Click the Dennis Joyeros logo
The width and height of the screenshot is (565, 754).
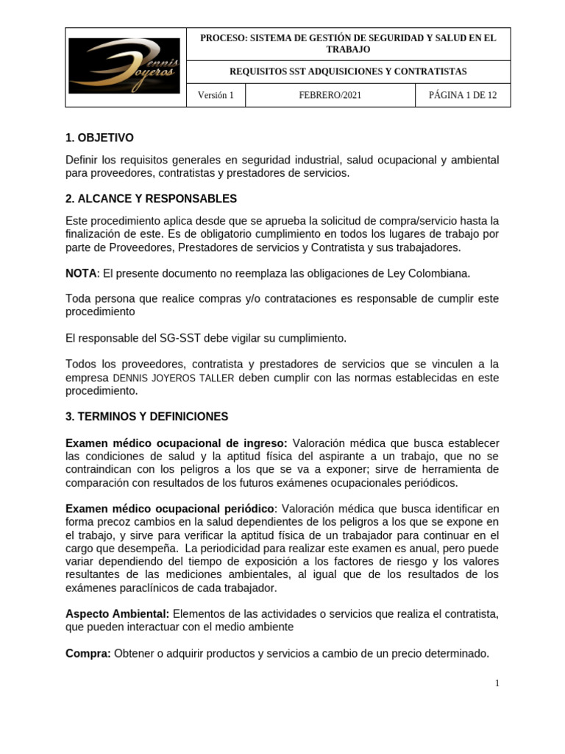tap(124, 66)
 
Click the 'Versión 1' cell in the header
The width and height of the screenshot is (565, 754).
tap(216, 95)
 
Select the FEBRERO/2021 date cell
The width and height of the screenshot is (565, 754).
tap(330, 95)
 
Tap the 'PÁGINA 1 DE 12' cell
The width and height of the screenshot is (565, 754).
tap(463, 95)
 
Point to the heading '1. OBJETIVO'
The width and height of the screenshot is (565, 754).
tap(99, 138)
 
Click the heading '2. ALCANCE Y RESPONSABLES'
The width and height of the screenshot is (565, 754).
tap(151, 199)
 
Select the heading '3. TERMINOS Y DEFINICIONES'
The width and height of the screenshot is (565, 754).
tap(147, 417)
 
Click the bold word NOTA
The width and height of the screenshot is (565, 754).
tap(81, 273)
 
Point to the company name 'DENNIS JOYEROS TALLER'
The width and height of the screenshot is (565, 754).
tap(174, 378)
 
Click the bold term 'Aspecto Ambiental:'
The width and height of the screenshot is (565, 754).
tap(118, 614)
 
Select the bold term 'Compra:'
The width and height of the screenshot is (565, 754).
tap(88, 653)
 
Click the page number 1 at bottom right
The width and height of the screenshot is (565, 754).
tap(497, 683)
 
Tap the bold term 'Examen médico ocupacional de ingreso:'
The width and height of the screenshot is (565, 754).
tap(177, 443)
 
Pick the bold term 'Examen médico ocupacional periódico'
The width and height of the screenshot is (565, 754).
tap(170, 509)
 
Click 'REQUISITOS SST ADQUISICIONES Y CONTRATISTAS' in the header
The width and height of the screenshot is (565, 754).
tap(348, 71)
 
